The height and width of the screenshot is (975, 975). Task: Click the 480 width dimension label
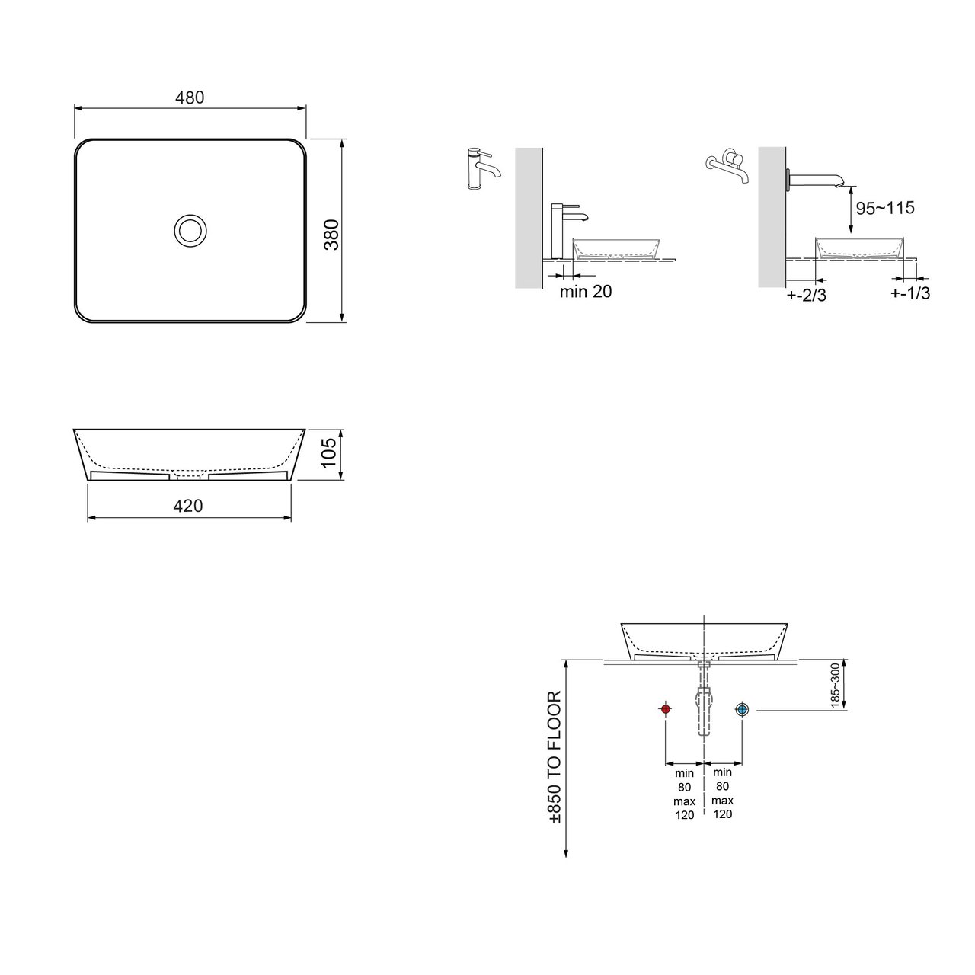coord(190,97)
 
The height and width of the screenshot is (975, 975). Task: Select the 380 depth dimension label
coord(331,235)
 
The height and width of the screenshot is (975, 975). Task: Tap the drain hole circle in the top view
coord(190,231)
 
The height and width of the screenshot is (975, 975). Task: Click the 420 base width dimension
coord(188,506)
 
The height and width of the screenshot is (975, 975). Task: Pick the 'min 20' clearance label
coord(586,292)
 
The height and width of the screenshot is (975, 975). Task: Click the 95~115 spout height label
coord(885,208)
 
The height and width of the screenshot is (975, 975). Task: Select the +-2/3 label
coord(807,295)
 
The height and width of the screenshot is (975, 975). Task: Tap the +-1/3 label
coord(910,293)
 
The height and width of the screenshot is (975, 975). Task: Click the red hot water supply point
coord(665,709)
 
